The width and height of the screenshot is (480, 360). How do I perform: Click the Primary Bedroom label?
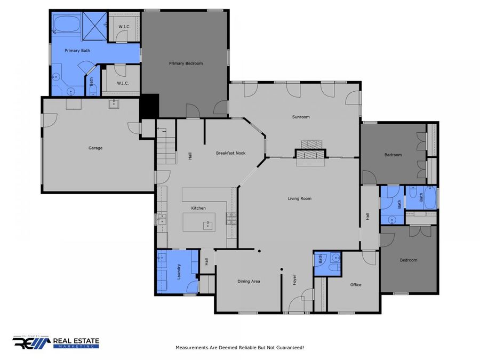tap(186, 63)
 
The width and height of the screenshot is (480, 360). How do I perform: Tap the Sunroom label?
tap(301, 117)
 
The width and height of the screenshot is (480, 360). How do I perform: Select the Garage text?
tap(95, 148)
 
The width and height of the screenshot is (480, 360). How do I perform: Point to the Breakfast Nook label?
tap(231, 153)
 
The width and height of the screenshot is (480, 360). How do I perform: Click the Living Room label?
tap(299, 198)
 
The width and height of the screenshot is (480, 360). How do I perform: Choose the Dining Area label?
tap(249, 281)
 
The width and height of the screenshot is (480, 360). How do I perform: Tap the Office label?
tap(356, 285)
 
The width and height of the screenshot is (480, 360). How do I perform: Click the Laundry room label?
tap(179, 272)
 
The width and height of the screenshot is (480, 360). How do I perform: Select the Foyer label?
tap(294, 280)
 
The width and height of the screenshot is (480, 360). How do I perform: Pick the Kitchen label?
tap(198, 208)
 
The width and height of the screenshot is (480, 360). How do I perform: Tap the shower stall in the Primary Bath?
tap(94, 26)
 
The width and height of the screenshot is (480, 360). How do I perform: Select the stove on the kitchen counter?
tap(231, 219)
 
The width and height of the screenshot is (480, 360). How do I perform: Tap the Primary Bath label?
tap(77, 51)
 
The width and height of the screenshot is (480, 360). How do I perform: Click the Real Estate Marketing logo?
tap(55, 342)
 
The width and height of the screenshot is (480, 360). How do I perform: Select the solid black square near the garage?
tap(149, 106)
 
